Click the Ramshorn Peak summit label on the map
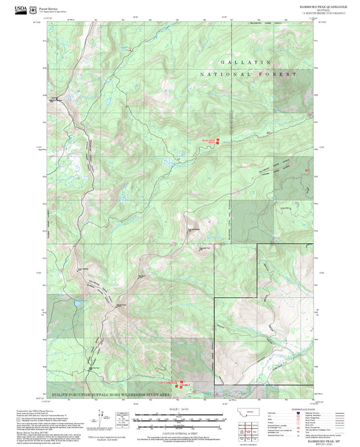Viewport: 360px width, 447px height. click(x=194, y=228)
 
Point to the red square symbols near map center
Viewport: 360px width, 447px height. click(x=217, y=141)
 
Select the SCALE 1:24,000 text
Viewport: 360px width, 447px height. click(x=180, y=409)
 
